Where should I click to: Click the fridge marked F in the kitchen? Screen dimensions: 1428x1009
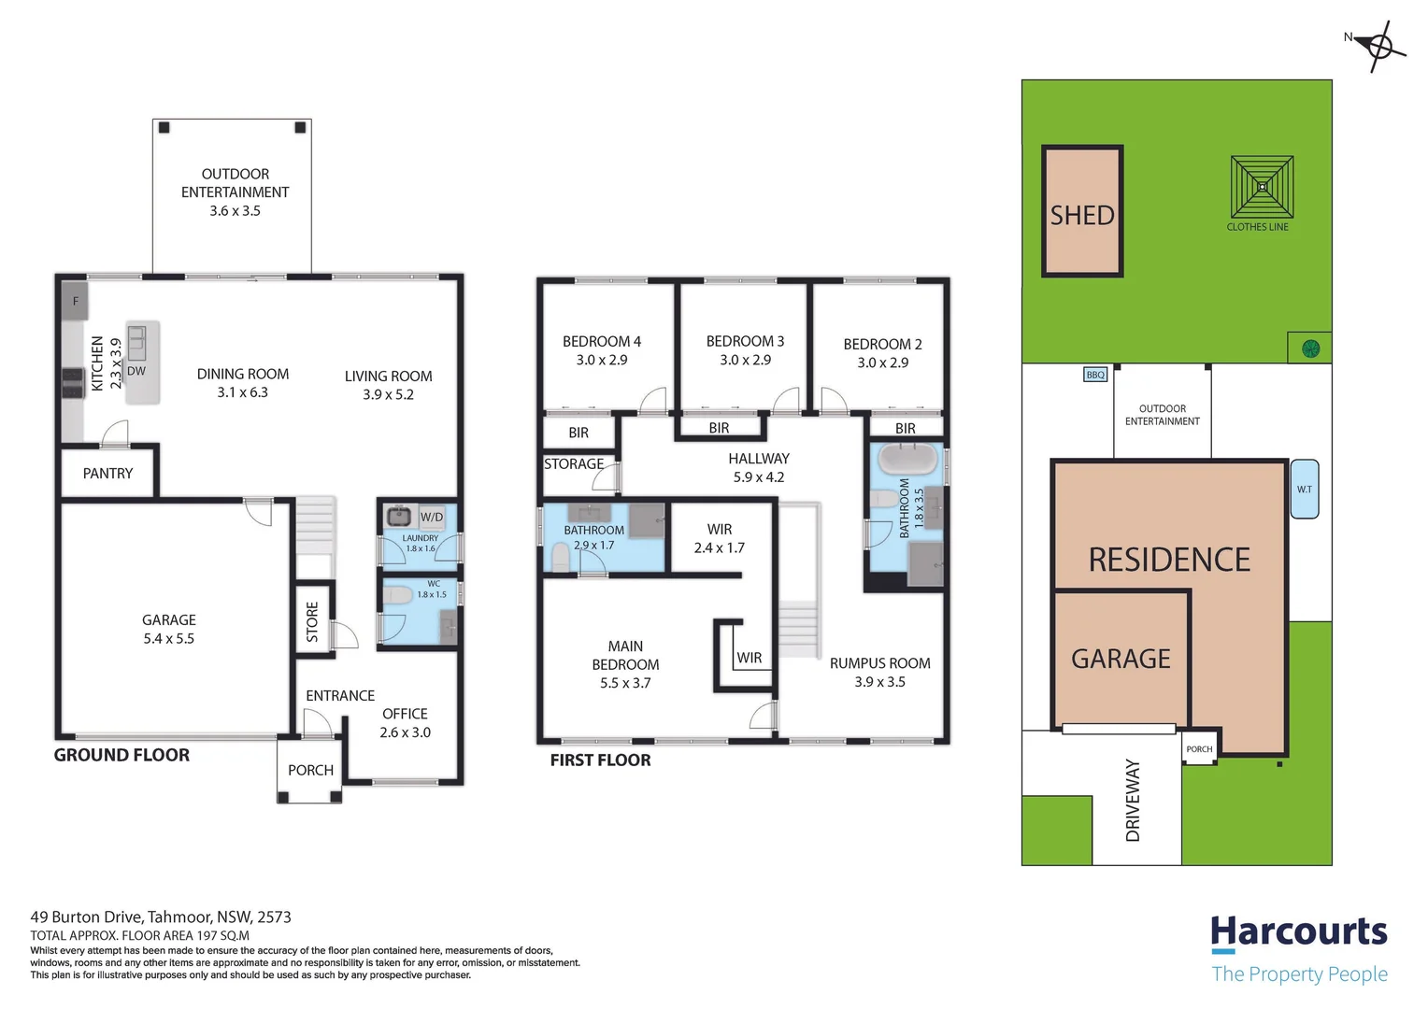pyautogui.click(x=75, y=301)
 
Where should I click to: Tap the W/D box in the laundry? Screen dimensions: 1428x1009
pyautogui.click(x=432, y=517)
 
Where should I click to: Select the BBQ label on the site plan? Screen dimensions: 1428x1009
pyautogui.click(x=1095, y=375)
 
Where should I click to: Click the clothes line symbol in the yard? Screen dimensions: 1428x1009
pyautogui.click(x=1262, y=188)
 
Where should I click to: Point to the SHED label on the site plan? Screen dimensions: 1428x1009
pyautogui.click(x=1082, y=216)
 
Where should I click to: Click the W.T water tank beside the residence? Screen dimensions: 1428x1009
pyautogui.click(x=1305, y=489)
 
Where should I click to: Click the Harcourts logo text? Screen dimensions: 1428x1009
pyautogui.click(x=1299, y=931)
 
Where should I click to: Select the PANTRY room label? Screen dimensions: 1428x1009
pyautogui.click(x=107, y=474)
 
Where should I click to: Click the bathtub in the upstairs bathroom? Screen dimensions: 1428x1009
pyautogui.click(x=907, y=459)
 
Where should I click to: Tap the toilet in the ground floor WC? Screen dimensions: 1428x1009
pyautogui.click(x=397, y=596)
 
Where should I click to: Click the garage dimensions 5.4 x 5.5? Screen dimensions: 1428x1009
pyautogui.click(x=169, y=639)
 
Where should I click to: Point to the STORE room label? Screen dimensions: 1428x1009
pyautogui.click(x=312, y=621)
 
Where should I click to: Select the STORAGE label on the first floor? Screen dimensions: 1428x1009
pyautogui.click(x=574, y=464)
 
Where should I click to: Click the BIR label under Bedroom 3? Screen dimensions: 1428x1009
pyautogui.click(x=719, y=428)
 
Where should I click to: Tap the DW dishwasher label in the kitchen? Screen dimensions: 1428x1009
pyautogui.click(x=136, y=371)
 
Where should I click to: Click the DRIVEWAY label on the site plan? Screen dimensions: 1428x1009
pyautogui.click(x=1133, y=801)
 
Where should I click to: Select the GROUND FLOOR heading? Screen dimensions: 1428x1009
pyautogui.click(x=121, y=755)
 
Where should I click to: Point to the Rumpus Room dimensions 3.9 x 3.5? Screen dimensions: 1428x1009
pyautogui.click(x=879, y=682)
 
